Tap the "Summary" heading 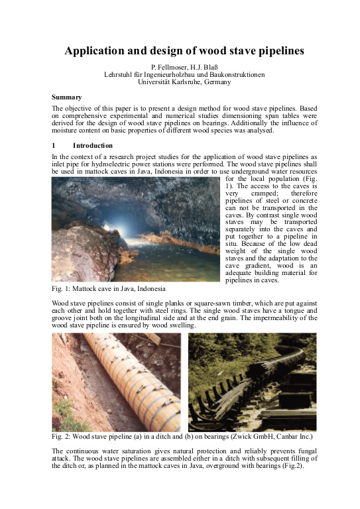pyautogui.click(x=67, y=97)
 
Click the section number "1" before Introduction pyautogui.click(x=54, y=144)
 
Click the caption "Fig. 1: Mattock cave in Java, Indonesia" pyautogui.click(x=109, y=289)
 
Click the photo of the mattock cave pyautogui.click(x=135, y=229)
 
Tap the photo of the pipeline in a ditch pyautogui.click(x=116, y=382)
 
